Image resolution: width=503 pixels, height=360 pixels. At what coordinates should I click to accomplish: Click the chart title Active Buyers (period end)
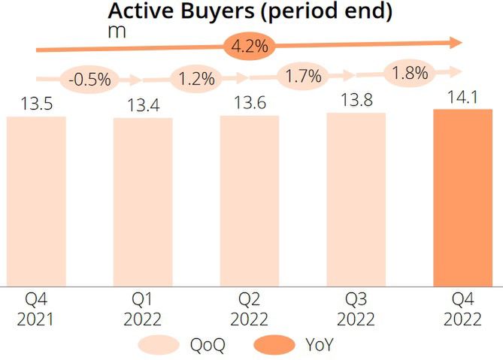click(x=251, y=11)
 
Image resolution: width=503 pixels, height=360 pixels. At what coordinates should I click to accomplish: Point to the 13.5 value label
click(x=36, y=104)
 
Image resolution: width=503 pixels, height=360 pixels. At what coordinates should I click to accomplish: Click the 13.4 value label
click(x=143, y=106)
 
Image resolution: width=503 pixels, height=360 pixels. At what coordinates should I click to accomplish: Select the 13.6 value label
click(x=250, y=103)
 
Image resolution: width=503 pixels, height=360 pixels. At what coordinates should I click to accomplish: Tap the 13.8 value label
click(x=356, y=100)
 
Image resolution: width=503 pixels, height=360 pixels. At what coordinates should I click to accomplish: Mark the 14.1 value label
click(x=463, y=97)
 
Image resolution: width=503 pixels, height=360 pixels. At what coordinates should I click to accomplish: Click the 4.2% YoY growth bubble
click(x=250, y=47)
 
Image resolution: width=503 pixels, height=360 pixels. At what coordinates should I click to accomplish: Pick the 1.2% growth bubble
click(x=196, y=77)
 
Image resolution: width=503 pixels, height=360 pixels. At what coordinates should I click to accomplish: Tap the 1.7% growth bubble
click(x=303, y=75)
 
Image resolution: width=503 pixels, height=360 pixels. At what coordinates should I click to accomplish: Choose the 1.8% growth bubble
click(x=410, y=73)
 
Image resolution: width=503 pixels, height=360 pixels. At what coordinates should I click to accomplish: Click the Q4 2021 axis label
click(x=36, y=310)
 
